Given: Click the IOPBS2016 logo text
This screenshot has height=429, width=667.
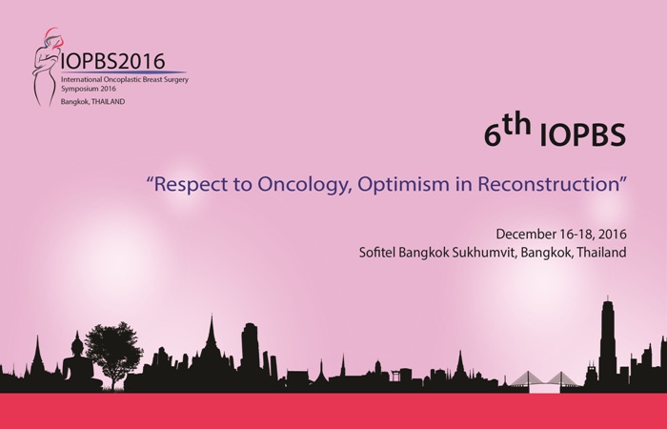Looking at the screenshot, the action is (x=112, y=61).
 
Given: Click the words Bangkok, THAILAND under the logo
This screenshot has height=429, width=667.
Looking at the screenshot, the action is (x=92, y=102).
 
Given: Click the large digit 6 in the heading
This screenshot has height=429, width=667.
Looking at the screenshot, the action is (x=493, y=135).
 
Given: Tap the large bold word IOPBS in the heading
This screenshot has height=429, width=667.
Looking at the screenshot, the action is (x=582, y=135).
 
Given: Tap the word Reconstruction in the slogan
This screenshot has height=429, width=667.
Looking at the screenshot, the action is (x=548, y=184).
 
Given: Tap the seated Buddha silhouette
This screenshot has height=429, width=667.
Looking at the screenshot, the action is (x=79, y=365).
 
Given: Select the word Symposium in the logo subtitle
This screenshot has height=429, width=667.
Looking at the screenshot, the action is (x=79, y=89).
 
